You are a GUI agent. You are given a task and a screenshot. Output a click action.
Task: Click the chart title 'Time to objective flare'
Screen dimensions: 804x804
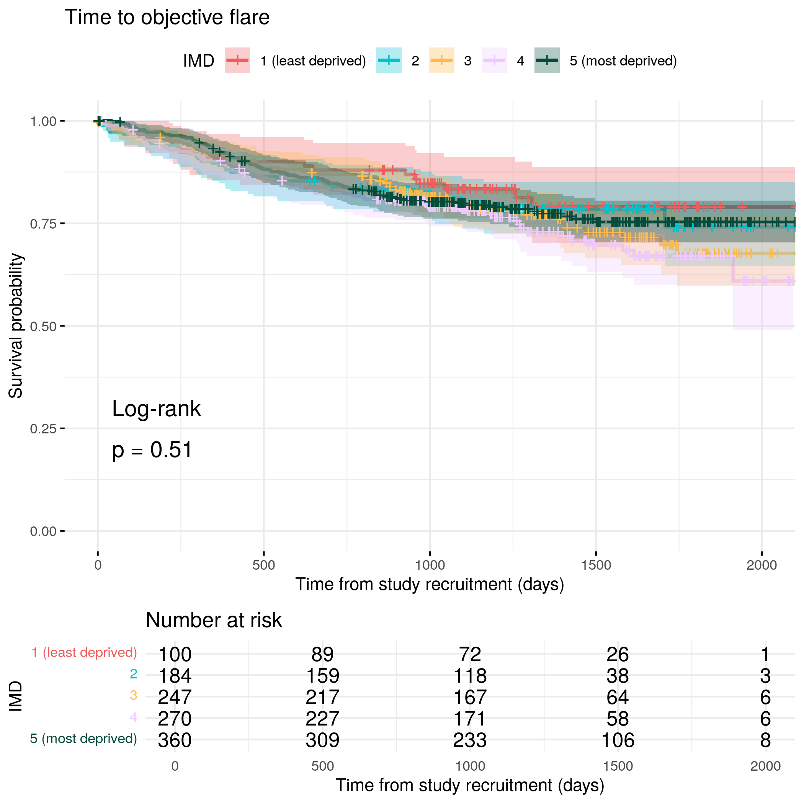point(167,18)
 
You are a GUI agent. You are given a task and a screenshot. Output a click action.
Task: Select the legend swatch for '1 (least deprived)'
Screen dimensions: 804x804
point(237,61)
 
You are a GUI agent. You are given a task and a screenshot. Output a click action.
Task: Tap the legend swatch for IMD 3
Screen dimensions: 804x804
point(441,61)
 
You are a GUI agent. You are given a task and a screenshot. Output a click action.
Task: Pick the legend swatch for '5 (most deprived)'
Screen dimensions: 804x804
point(547,61)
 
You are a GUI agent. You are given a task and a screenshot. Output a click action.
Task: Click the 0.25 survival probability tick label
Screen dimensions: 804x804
point(43,429)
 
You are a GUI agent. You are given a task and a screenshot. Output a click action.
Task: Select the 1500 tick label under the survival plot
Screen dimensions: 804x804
point(596,565)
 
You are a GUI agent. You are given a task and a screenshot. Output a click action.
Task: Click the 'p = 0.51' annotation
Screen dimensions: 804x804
point(152,450)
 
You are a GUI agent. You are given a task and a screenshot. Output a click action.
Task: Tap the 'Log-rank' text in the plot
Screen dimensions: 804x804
point(157,409)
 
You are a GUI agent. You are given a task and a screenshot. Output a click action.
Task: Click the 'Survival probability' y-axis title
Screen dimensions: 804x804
point(16,326)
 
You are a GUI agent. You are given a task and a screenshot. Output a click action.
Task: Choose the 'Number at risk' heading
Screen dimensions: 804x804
point(214,621)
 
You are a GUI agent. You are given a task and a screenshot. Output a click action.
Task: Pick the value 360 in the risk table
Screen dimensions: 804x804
point(175,740)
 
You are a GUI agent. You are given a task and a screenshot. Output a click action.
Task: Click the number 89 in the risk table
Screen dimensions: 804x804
point(322,655)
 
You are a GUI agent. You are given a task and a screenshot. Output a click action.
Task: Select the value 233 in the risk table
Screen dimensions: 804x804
point(470,740)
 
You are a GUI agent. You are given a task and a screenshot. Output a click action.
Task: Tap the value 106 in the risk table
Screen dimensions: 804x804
point(618,740)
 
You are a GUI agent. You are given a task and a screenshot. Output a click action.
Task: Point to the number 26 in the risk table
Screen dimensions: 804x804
point(618,655)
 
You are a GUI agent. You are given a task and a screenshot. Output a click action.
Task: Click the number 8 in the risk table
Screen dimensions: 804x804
point(765,740)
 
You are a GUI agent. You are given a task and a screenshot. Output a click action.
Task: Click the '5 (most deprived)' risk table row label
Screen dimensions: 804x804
point(83,739)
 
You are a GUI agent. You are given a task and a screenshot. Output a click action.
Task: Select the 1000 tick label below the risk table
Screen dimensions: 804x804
point(470,766)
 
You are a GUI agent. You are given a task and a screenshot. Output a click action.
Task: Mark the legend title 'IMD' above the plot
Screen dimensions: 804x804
point(198,61)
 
